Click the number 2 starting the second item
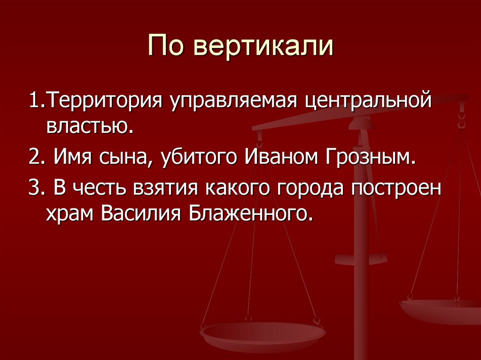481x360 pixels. tap(34, 157)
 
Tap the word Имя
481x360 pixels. tap(70, 157)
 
